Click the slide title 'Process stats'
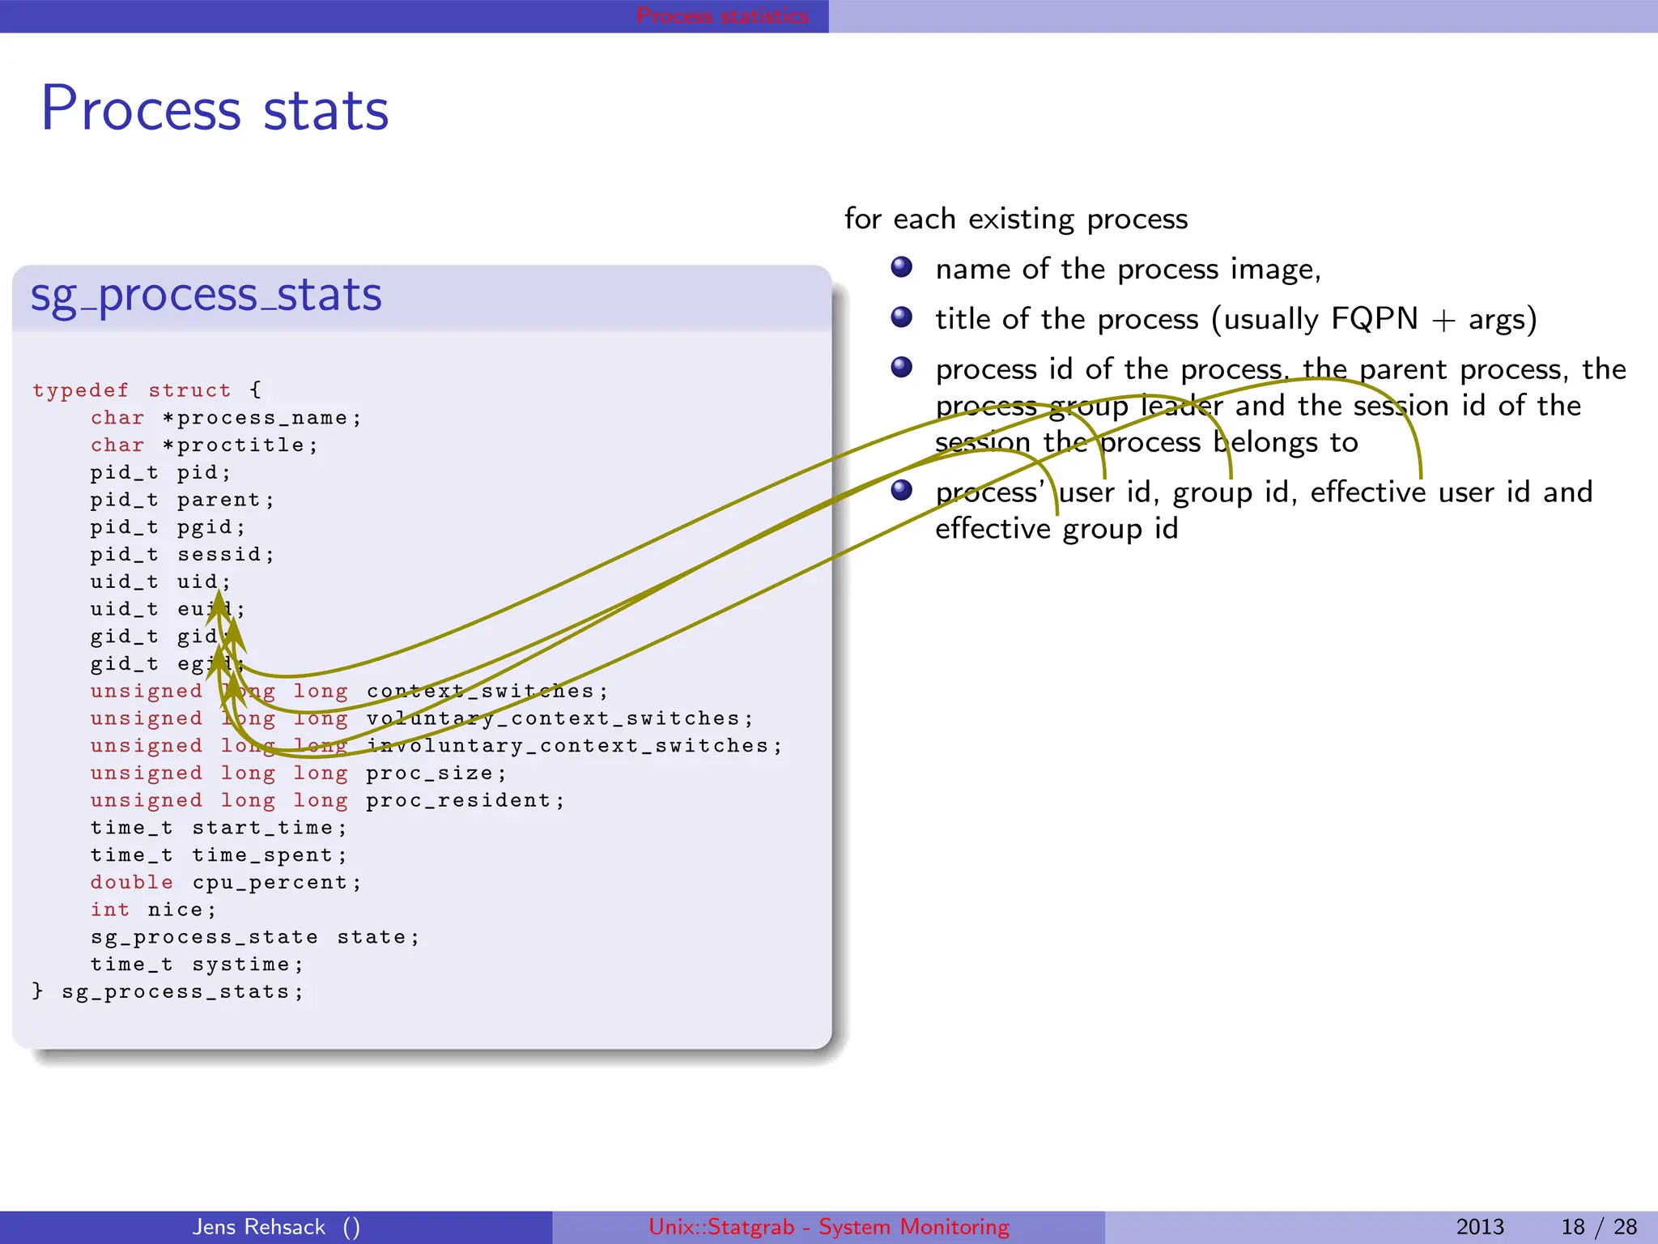click(215, 109)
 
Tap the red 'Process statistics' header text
click(721, 15)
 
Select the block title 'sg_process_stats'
click(206, 295)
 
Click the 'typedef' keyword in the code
click(80, 390)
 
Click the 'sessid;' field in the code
click(226, 555)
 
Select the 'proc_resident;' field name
click(465, 801)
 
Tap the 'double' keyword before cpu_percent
click(131, 883)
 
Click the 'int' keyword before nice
click(109, 910)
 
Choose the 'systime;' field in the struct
click(247, 965)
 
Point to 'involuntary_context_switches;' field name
click(574, 746)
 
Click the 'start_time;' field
click(269, 828)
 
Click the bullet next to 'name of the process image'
click(901, 267)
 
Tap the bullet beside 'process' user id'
click(901, 490)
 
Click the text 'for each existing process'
click(1015, 219)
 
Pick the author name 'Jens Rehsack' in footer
click(258, 1227)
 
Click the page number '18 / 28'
click(1598, 1227)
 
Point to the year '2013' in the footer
click(1479, 1227)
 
